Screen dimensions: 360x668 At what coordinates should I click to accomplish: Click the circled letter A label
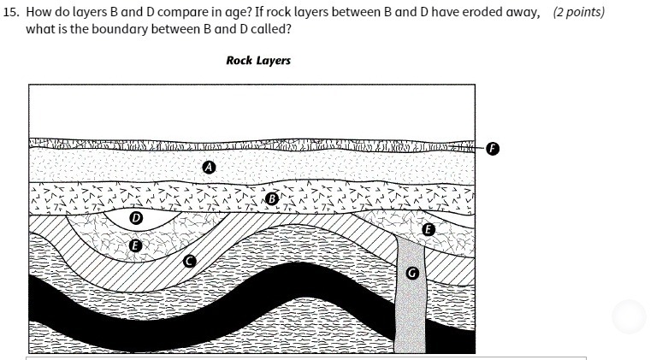207,168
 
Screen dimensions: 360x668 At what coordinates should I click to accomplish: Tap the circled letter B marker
272,199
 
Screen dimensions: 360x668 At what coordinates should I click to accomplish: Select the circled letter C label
189,261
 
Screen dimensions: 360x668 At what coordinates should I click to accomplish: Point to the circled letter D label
134,219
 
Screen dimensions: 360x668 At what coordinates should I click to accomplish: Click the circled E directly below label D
133,245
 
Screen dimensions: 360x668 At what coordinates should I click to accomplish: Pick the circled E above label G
428,229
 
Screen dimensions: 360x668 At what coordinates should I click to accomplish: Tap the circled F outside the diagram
492,148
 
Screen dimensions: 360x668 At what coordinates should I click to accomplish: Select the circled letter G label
412,274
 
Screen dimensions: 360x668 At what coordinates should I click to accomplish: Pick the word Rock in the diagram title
238,61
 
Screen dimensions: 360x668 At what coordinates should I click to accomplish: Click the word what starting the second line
40,29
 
